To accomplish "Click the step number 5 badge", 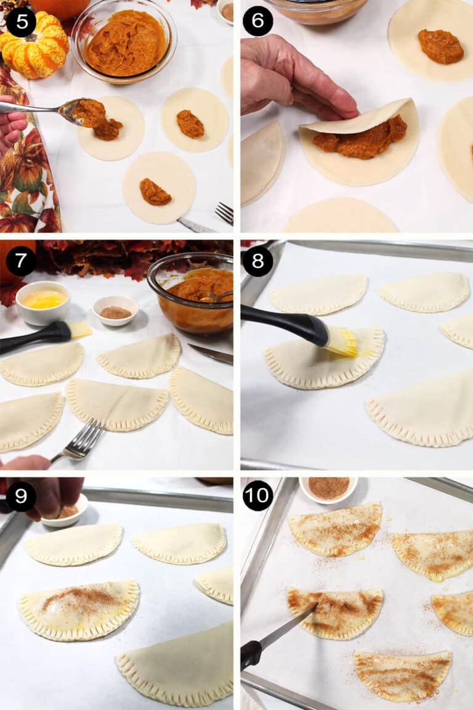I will coord(21,22).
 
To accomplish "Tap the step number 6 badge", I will coord(257,22).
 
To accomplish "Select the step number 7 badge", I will coord(21,261).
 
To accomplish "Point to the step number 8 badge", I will coord(257,261).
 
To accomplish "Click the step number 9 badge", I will coord(21,496).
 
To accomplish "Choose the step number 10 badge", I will coord(257,496).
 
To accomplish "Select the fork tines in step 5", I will coord(225,213).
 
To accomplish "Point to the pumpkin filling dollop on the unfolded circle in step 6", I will coord(440,46).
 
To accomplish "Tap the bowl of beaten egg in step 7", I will coord(42,302).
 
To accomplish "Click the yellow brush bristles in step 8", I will coord(342,341).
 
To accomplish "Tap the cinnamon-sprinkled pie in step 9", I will coord(79,608).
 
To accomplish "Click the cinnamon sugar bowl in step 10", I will coord(328,488).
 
